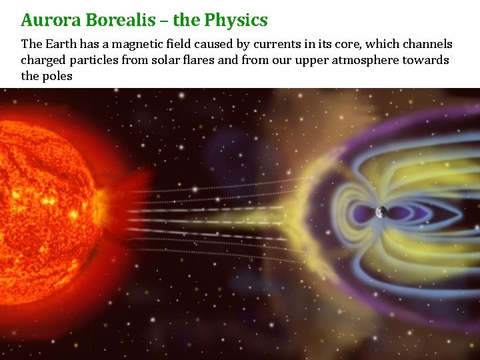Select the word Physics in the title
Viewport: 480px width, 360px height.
[x=236, y=20]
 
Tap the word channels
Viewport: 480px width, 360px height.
[x=427, y=45]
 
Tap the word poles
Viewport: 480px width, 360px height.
[x=57, y=77]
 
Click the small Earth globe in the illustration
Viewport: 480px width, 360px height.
[x=381, y=212]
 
